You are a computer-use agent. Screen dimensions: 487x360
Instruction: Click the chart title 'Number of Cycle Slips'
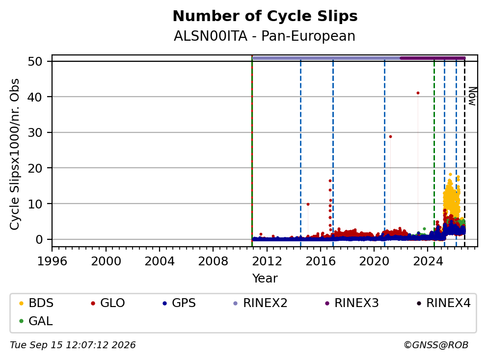tap(265, 16)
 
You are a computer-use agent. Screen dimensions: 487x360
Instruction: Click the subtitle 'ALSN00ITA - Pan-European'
tap(264, 36)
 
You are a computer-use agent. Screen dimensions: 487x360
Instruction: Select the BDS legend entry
tap(36, 303)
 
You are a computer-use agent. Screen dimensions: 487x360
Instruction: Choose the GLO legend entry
tap(108, 303)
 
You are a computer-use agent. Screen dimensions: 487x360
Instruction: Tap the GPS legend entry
tap(179, 303)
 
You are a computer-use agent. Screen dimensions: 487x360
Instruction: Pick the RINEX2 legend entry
tap(260, 303)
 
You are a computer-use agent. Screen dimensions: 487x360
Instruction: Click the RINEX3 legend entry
tap(352, 303)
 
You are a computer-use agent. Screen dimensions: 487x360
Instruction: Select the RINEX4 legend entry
tap(443, 303)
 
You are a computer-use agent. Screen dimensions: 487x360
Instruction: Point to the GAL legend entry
tap(36, 321)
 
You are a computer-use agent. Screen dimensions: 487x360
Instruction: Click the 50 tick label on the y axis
tap(35, 61)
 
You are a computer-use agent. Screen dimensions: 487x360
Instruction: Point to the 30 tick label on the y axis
tap(35, 132)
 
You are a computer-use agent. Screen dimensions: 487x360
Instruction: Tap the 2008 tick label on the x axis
tap(213, 261)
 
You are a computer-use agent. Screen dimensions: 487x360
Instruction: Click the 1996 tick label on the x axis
tap(52, 261)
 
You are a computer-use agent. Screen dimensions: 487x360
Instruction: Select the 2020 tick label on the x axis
tap(374, 261)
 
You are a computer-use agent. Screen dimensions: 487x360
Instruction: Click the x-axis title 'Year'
tap(265, 278)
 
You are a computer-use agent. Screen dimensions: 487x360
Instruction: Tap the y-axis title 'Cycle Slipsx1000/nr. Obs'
tap(14, 154)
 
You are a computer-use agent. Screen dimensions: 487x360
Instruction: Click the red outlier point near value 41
tap(418, 93)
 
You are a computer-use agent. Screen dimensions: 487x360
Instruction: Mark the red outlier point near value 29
tap(390, 136)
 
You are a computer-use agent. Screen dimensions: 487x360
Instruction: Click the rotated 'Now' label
tap(472, 96)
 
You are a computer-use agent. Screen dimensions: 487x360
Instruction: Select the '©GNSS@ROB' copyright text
tap(436, 345)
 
